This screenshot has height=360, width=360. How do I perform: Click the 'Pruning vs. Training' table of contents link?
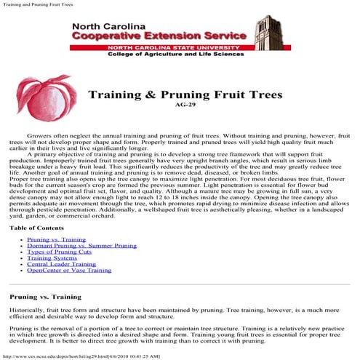click(x=56, y=239)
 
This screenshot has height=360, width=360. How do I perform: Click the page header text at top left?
click(x=41, y=5)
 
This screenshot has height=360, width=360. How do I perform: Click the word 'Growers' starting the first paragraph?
click(x=41, y=136)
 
